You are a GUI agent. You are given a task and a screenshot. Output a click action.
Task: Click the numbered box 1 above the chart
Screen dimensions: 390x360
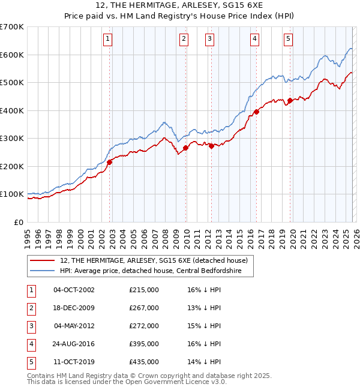[x=107, y=40]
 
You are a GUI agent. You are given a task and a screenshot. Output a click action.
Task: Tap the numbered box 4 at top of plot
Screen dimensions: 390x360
[x=255, y=40]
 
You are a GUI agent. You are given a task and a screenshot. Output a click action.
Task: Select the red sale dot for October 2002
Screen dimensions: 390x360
[x=110, y=162]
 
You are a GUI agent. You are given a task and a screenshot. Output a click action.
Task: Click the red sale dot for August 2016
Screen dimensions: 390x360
[x=256, y=112]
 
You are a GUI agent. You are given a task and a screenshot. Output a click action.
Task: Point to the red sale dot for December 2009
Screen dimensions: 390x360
[x=186, y=148]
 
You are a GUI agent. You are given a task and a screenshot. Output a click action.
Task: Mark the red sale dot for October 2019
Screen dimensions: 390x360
[x=290, y=101]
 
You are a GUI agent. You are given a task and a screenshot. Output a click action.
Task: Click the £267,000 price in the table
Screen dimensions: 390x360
[x=144, y=308]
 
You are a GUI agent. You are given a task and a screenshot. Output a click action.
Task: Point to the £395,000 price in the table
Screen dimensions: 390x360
[x=144, y=344]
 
